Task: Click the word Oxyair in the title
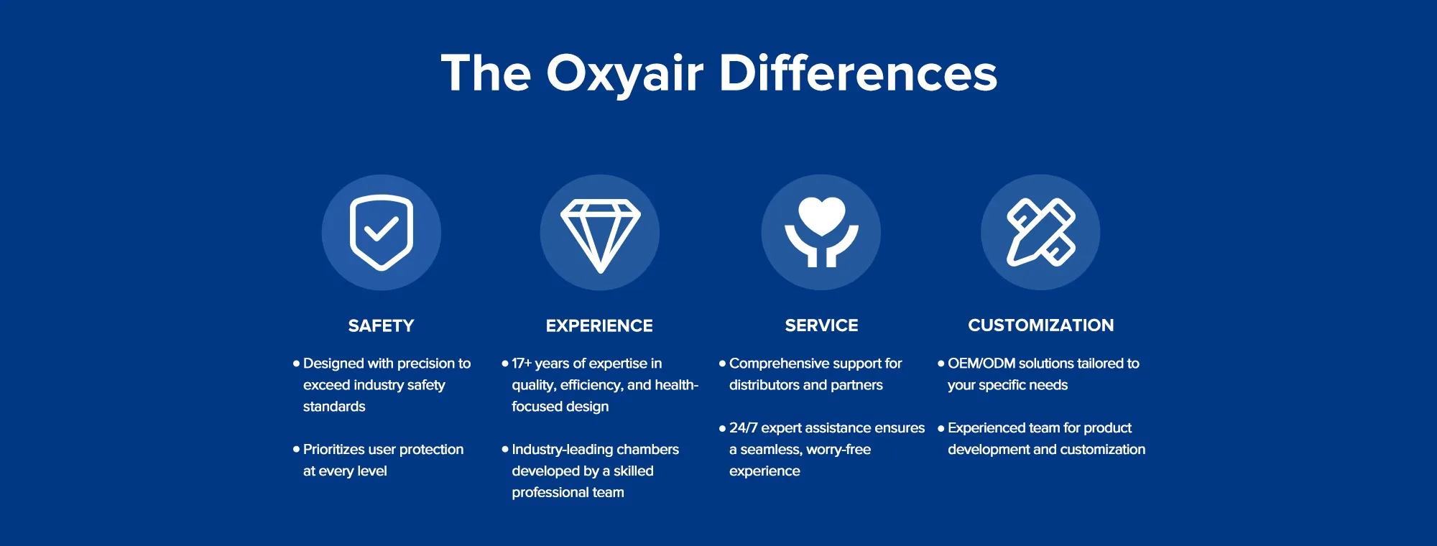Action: (x=624, y=73)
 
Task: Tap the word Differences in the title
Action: (x=858, y=73)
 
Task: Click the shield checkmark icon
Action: (x=382, y=232)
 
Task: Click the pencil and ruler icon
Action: (x=1040, y=232)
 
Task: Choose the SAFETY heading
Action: (x=381, y=325)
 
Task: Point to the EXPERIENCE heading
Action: (x=599, y=325)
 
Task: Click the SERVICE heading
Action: (x=821, y=325)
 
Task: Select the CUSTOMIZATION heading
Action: (x=1040, y=325)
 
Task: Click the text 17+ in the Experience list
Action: (x=522, y=364)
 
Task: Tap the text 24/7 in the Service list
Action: (x=743, y=428)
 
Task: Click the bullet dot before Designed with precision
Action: (x=296, y=364)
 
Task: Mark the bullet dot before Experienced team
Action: (x=941, y=428)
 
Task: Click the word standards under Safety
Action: (x=334, y=407)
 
